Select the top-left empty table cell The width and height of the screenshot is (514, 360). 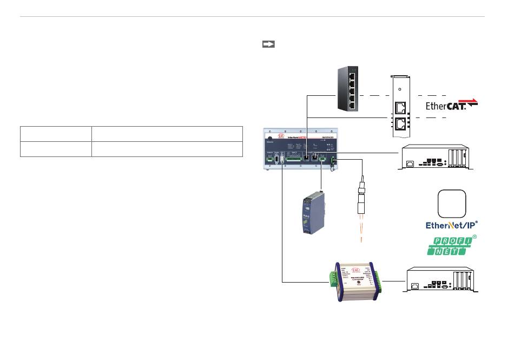[56, 134]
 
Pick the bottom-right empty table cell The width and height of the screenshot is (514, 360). [167, 149]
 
